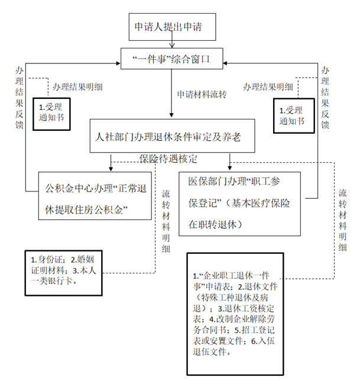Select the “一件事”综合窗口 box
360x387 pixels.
(x=171, y=60)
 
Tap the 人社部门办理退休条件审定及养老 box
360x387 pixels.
(x=172, y=136)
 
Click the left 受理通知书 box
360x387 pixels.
(x=55, y=112)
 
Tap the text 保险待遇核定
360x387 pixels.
(x=168, y=159)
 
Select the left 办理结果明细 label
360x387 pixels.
(x=77, y=87)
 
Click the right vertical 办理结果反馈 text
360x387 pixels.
(x=326, y=98)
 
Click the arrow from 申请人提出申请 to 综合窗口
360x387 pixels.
(x=171, y=43)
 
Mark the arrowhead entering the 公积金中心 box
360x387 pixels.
(x=110, y=167)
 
